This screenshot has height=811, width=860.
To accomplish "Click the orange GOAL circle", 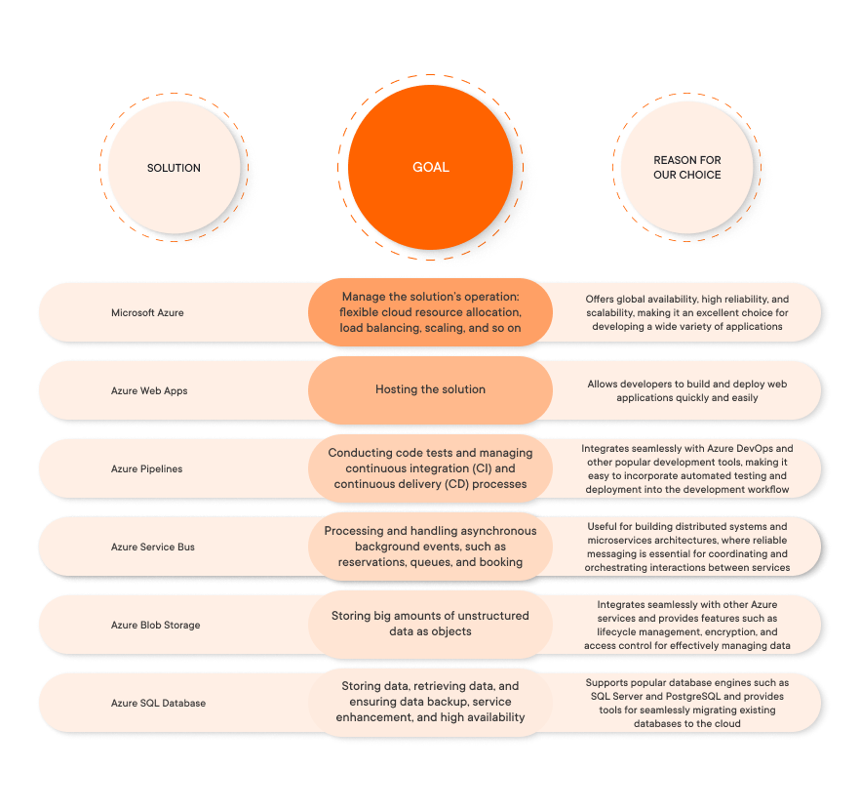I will pyautogui.click(x=430, y=167).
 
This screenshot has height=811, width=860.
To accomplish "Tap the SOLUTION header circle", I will pyautogui.click(x=174, y=168).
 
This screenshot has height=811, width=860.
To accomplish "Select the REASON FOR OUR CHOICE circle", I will pyautogui.click(x=686, y=168).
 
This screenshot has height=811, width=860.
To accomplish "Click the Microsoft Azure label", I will pyautogui.click(x=147, y=312).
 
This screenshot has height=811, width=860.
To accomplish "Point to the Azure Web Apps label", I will pyautogui.click(x=149, y=390).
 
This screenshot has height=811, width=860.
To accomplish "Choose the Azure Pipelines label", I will pyautogui.click(x=146, y=468).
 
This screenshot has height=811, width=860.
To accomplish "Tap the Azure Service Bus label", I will pyautogui.click(x=152, y=547).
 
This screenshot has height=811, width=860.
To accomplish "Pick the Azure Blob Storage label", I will pyautogui.click(x=155, y=625).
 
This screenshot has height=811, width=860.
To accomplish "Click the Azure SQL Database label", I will pyautogui.click(x=158, y=703).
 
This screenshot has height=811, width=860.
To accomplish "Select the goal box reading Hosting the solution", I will pyautogui.click(x=430, y=389).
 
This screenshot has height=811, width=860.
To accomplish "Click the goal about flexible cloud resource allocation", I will pyautogui.click(x=430, y=312).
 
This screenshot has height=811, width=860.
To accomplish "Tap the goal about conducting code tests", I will pyautogui.click(x=430, y=468).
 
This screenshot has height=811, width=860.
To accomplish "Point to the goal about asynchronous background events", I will pyautogui.click(x=430, y=547).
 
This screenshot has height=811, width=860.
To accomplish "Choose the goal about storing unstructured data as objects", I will pyautogui.click(x=430, y=624).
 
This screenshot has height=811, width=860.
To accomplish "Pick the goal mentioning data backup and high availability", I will pyautogui.click(x=430, y=702).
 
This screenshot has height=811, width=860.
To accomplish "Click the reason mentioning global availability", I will pyautogui.click(x=686, y=312).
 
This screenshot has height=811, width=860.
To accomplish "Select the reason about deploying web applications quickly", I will pyautogui.click(x=686, y=390).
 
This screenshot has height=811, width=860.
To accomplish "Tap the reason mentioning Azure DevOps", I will pyautogui.click(x=686, y=468).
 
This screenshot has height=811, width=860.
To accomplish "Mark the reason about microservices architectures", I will pyautogui.click(x=686, y=547).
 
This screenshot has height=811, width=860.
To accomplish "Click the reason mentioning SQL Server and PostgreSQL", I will pyautogui.click(x=686, y=703).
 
